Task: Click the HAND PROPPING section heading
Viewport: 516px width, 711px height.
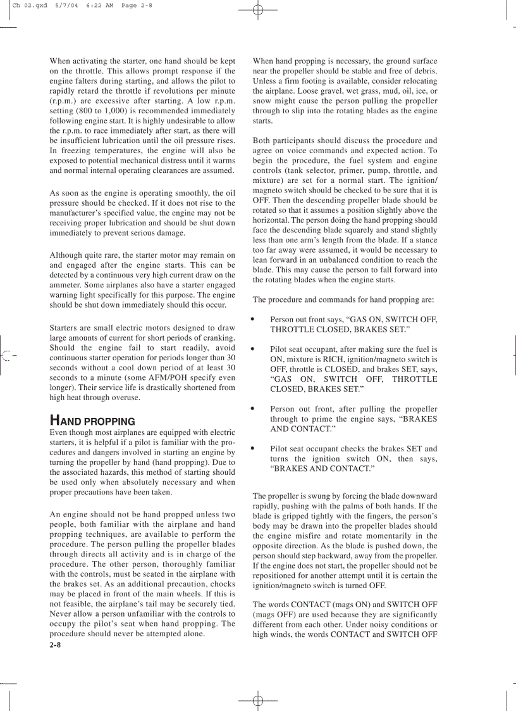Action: [x=92, y=421]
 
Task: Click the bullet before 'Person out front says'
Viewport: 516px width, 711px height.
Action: [x=253, y=319]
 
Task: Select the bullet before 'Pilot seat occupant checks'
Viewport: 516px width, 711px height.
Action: [x=253, y=448]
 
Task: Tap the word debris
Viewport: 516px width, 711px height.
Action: [x=424, y=71]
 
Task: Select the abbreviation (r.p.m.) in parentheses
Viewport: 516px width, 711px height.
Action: [x=64, y=101]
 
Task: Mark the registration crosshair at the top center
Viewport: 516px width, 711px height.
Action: [x=257, y=9]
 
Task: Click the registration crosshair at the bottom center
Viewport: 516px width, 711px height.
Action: [x=257, y=701]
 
